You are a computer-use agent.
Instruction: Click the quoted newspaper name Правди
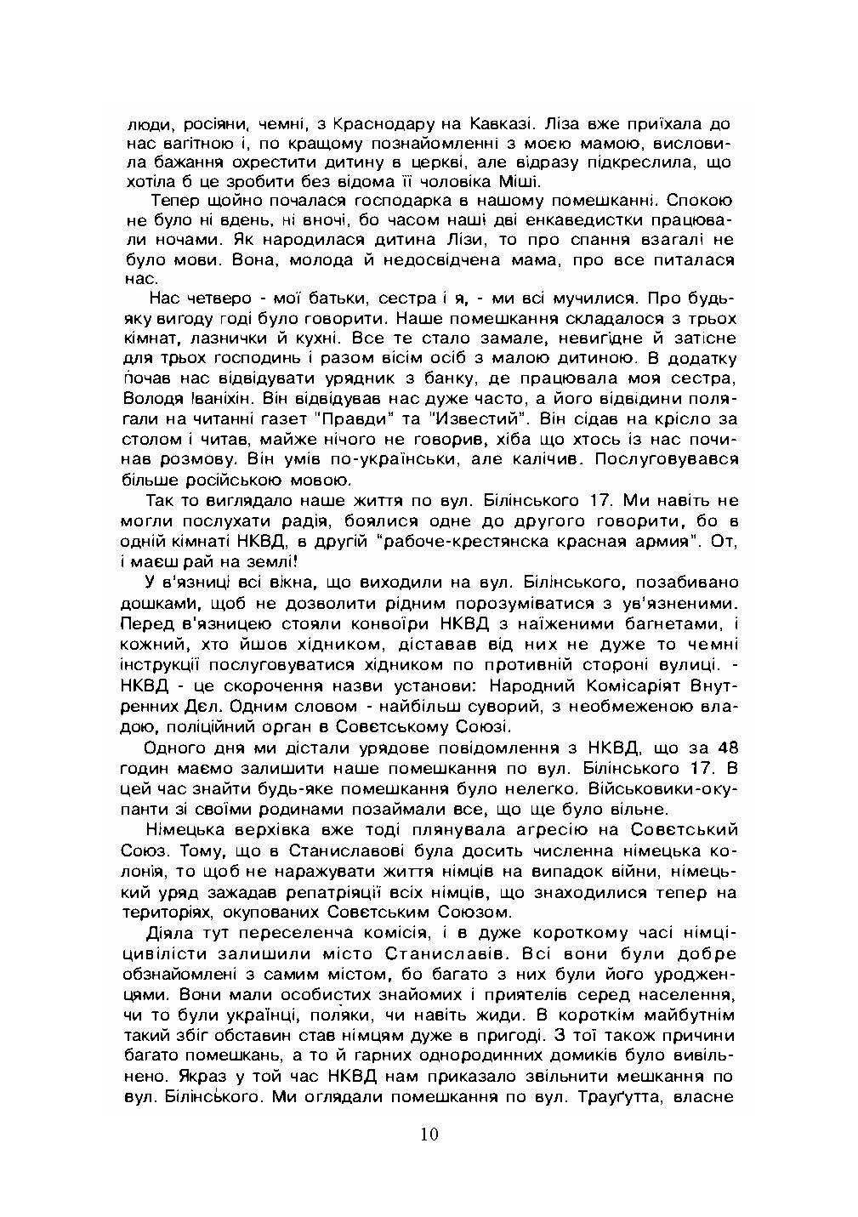pyautogui.click(x=378, y=418)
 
